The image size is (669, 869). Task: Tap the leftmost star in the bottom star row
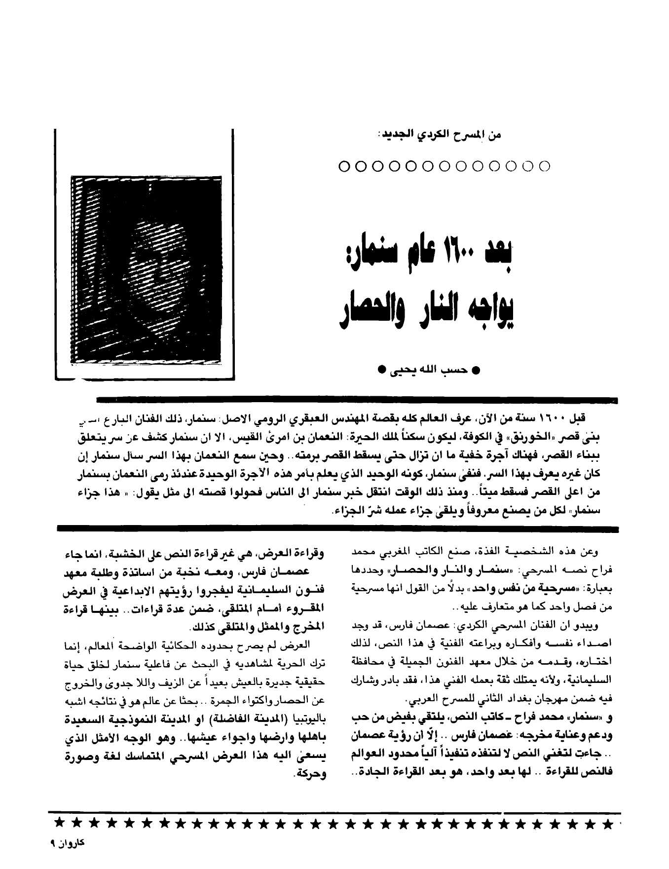point(60,823)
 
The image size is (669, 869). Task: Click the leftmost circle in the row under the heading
point(344,166)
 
